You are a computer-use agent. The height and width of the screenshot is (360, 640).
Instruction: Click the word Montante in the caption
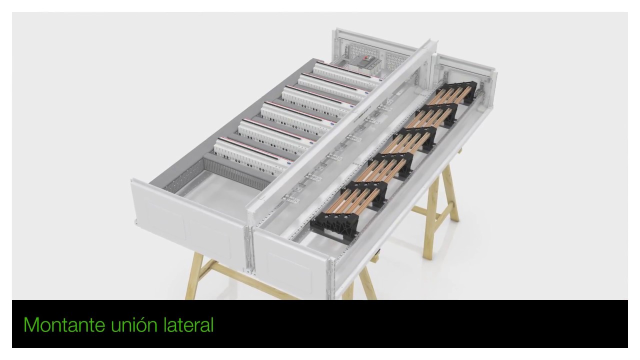[64, 325]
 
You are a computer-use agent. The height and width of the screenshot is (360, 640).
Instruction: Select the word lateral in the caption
[188, 325]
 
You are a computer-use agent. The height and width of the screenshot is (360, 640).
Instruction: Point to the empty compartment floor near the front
[220, 191]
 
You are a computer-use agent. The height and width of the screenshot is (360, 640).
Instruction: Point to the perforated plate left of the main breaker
[360, 51]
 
